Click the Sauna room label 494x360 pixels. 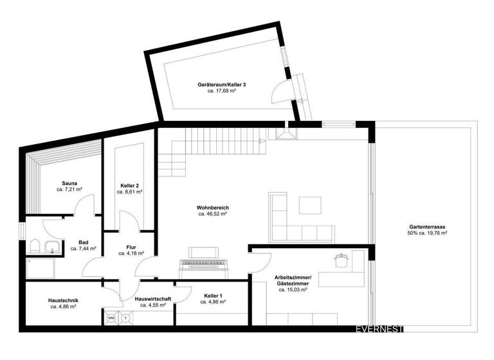[x=69, y=183]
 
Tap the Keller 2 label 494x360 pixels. [x=131, y=186]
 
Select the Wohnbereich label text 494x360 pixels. [x=213, y=208]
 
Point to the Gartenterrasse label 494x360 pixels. [x=427, y=227]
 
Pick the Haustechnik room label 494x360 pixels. [x=64, y=300]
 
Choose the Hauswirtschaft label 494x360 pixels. [x=152, y=299]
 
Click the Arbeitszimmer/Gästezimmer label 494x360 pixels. [x=292, y=280]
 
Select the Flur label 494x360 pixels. [x=131, y=246]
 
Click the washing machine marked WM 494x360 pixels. [x=111, y=318]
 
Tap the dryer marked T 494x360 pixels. [x=125, y=318]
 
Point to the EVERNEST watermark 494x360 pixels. [x=380, y=329]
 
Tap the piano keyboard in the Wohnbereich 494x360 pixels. [x=205, y=263]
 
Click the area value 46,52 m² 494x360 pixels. [x=213, y=215]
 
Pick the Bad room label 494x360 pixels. [x=83, y=242]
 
